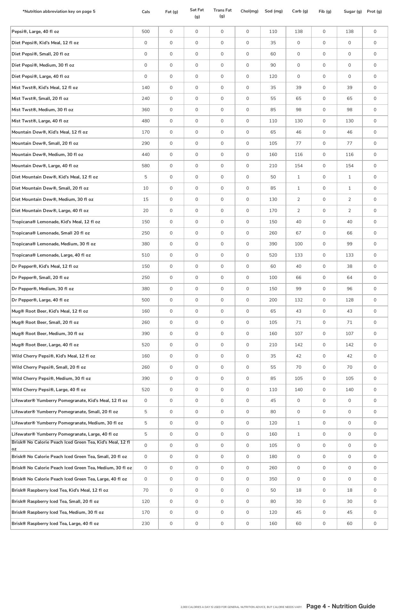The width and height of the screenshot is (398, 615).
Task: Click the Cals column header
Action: [146, 12]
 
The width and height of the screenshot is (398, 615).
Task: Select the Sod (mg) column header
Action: [273, 11]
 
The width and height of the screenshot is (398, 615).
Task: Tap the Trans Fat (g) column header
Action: [222, 13]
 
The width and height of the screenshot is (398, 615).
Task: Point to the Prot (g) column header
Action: [374, 12]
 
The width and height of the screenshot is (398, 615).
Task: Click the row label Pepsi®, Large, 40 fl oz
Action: [35, 32]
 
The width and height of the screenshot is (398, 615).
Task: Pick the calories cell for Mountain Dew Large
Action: [146, 166]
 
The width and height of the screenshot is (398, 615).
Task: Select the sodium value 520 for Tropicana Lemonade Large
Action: [273, 255]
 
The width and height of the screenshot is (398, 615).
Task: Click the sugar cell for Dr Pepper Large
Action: [349, 300]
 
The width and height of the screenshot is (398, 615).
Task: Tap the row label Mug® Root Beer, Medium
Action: [47, 333]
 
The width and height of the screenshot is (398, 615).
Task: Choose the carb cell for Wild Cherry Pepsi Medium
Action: [298, 378]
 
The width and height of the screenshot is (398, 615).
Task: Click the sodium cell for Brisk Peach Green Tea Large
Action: [273, 479]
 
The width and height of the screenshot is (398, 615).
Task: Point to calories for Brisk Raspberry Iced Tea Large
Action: [146, 523]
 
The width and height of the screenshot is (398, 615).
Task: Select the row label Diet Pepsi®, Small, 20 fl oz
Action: [40, 54]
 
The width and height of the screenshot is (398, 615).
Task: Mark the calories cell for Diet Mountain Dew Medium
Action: [146, 199]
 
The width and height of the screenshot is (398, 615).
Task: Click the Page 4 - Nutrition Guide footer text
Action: [340, 606]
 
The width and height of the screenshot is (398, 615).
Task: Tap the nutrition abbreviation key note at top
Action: [59, 12]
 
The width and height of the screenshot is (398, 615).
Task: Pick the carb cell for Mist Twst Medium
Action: [298, 110]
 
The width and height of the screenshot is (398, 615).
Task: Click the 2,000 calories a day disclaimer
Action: [241, 607]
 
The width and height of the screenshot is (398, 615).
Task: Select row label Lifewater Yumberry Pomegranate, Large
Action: [65, 434]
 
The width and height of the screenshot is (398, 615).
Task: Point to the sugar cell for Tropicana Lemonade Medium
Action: [349, 244]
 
